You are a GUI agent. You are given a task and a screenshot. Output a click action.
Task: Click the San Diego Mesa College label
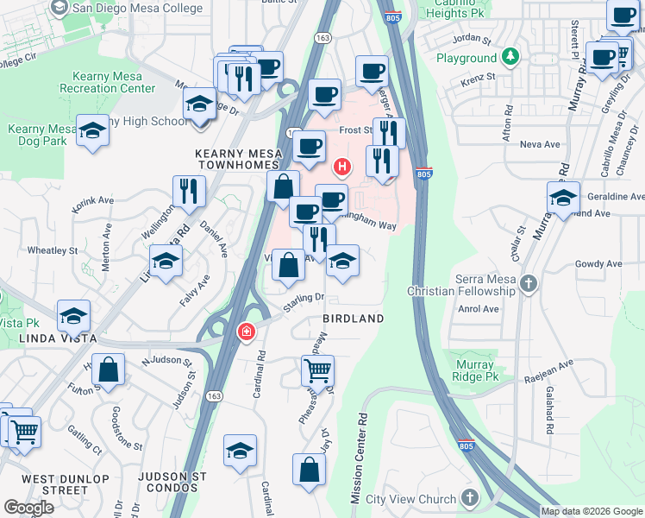[x=138, y=9]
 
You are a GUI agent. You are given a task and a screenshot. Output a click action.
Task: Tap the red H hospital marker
[x=342, y=166]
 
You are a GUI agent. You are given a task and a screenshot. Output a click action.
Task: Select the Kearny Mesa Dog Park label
[x=36, y=136]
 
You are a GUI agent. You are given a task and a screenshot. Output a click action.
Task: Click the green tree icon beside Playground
[x=511, y=58]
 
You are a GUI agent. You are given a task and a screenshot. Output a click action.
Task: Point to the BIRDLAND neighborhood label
[x=354, y=319]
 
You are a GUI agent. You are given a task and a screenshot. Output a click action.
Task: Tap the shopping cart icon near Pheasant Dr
[x=317, y=371]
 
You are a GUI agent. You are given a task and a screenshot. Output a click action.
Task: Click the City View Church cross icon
[x=469, y=498]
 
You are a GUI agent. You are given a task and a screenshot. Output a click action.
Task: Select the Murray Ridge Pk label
[x=473, y=371]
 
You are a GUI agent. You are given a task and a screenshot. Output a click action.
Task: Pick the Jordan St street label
[x=472, y=40]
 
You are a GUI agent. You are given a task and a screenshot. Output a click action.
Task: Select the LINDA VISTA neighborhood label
[x=49, y=337]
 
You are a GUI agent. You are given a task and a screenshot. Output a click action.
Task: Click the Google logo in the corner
[x=28, y=508]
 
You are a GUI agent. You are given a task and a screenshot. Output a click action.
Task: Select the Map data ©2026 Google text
[x=591, y=511]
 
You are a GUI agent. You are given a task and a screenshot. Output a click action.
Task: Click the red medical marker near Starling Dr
[x=246, y=331]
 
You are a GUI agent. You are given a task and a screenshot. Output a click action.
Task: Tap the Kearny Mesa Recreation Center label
[x=108, y=82]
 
